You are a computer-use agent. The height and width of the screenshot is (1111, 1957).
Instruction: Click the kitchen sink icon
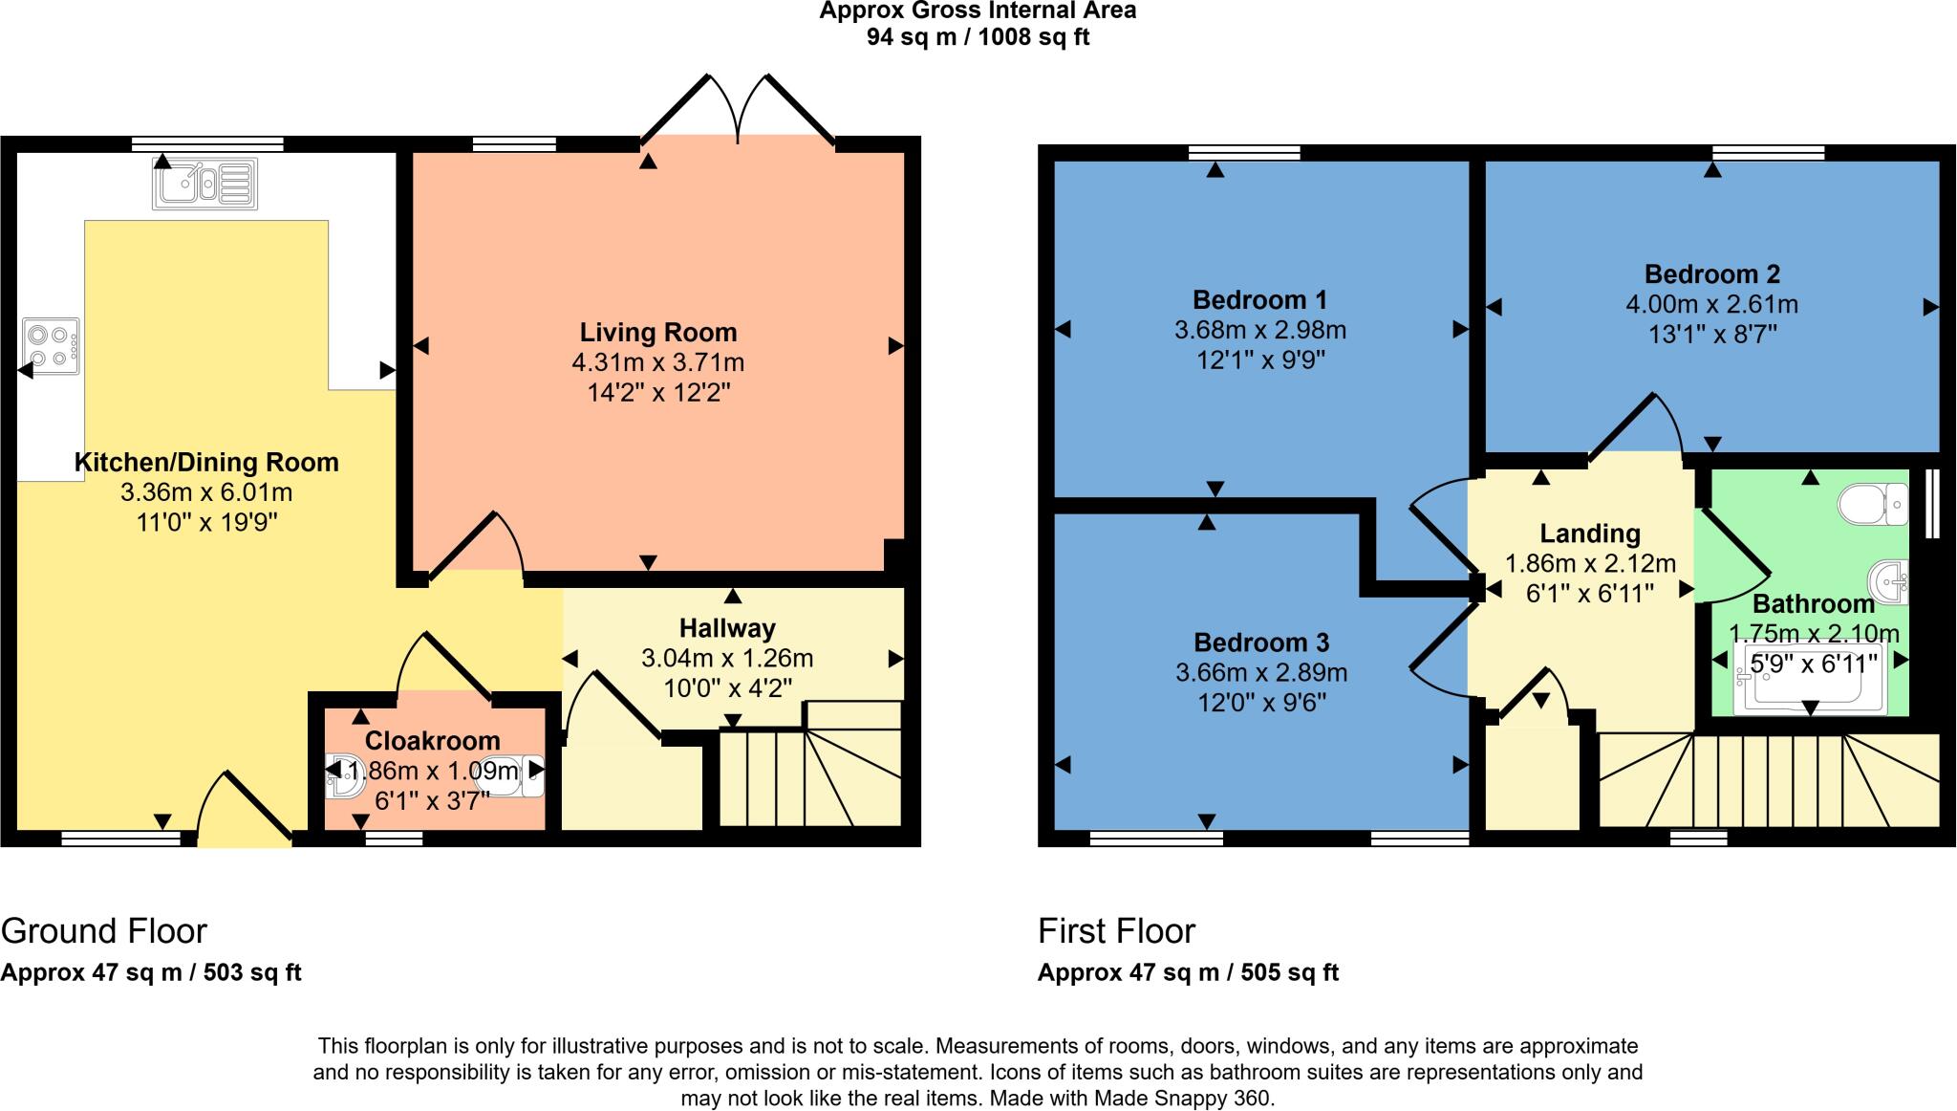click(x=204, y=184)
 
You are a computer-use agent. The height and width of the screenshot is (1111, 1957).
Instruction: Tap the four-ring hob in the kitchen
click(x=52, y=346)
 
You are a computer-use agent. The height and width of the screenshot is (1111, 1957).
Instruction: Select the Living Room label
click(x=658, y=333)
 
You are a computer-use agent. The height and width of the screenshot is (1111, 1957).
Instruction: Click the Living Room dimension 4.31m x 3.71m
click(x=658, y=362)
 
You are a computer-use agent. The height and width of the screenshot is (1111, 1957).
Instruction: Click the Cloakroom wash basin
click(x=344, y=775)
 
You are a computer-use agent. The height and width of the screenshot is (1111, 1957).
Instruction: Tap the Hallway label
click(x=727, y=628)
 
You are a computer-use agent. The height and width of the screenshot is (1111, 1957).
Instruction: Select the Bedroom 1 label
click(x=1259, y=299)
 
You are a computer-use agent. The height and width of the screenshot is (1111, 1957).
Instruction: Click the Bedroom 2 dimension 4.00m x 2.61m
click(x=1711, y=305)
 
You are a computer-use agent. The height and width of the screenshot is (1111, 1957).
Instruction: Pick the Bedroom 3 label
click(x=1260, y=642)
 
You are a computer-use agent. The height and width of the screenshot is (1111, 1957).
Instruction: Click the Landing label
click(x=1589, y=534)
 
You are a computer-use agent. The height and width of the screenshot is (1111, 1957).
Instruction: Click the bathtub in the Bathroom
click(x=1811, y=679)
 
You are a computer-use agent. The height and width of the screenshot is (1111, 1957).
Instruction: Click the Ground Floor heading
click(x=104, y=930)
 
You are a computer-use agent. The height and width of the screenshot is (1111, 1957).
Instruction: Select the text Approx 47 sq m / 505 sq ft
click(x=1188, y=972)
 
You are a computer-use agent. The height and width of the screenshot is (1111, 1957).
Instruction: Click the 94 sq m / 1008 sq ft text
click(x=978, y=37)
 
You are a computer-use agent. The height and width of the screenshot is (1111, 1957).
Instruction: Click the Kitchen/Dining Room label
click(x=206, y=462)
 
